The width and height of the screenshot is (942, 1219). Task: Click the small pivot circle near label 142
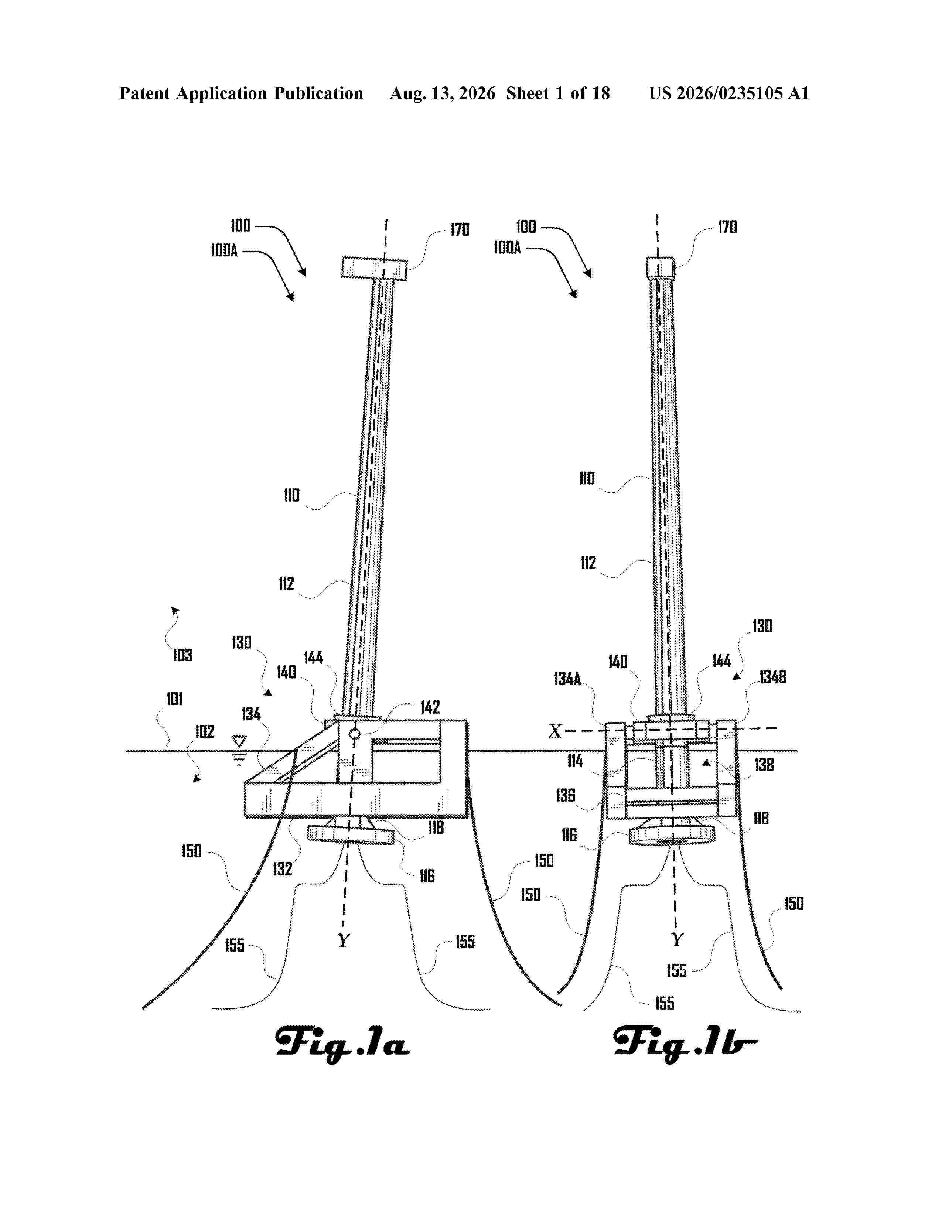click(354, 733)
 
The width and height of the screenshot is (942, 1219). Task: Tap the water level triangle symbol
click(239, 742)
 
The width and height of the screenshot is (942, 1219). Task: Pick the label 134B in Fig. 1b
click(773, 677)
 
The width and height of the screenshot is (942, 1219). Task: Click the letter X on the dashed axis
click(555, 731)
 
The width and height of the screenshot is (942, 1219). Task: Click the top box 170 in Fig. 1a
click(374, 267)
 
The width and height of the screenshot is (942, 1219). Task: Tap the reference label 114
click(575, 761)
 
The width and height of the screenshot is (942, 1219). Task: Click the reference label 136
click(565, 795)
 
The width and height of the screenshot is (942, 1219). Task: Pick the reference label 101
click(175, 699)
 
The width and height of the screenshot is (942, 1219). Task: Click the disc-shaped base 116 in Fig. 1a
click(351, 835)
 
